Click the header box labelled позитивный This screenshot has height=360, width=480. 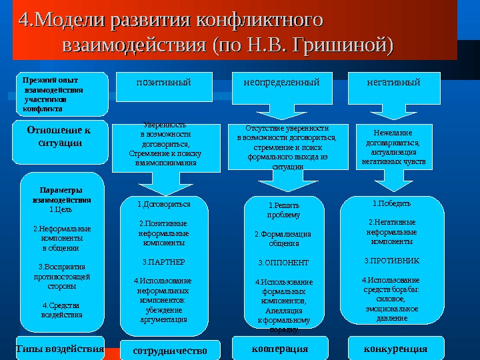point(163,83)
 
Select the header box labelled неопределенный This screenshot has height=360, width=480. point(281,83)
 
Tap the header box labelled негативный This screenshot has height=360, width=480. point(393,83)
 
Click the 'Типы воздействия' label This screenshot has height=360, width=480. point(60,349)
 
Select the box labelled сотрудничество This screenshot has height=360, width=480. point(170,350)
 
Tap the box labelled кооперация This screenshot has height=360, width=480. point(281,349)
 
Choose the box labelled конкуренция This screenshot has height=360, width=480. point(395,349)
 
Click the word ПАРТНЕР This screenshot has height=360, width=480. point(164,262)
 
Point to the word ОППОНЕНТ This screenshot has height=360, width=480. point(283,263)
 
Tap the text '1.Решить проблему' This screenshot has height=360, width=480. point(283,211)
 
